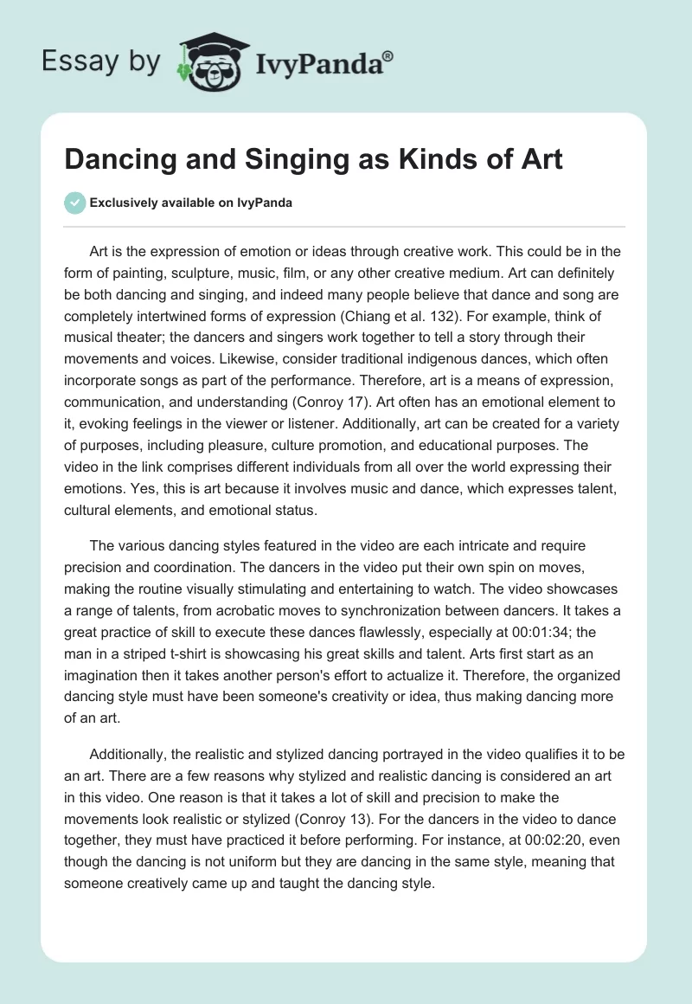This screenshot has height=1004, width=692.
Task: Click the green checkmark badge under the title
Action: click(x=74, y=203)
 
